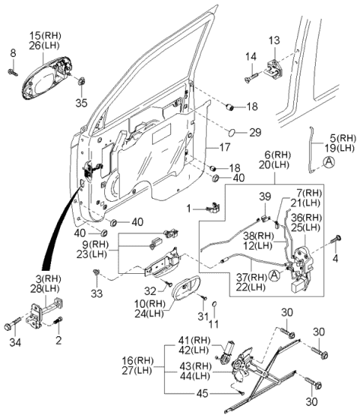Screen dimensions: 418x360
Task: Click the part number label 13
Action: [273, 39]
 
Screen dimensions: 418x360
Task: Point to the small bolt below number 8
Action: [13, 72]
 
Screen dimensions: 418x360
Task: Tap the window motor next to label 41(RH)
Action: [226, 347]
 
